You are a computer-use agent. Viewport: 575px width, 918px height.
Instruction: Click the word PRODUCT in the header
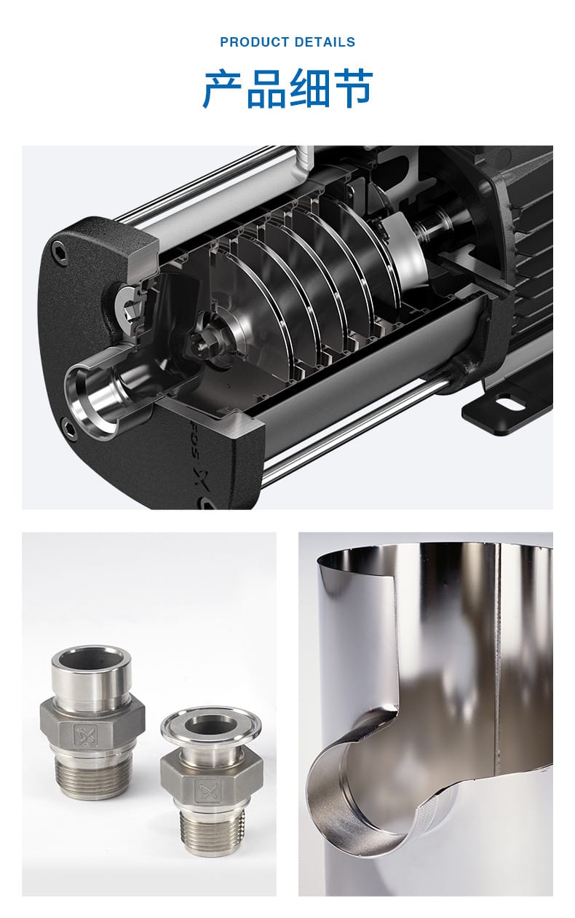254,42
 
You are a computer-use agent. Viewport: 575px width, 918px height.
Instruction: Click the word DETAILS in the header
325,42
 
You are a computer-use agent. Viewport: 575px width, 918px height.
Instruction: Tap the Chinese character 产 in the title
223,89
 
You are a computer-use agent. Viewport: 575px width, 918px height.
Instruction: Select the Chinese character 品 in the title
266,89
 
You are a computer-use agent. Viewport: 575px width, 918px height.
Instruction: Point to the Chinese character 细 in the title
309,89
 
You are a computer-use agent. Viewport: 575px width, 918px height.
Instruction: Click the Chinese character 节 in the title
352,89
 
